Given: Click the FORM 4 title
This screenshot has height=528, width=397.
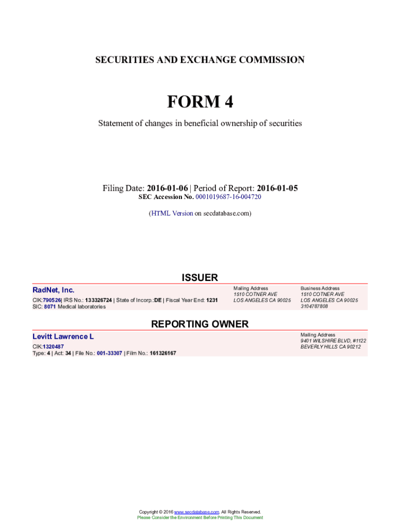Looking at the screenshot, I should pos(200,102).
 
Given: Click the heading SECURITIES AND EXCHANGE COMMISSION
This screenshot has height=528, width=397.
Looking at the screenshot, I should pos(200,60).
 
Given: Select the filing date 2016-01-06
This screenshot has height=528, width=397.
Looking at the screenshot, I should pos(167,188).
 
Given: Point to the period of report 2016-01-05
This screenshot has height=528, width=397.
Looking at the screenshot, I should pos(277,188).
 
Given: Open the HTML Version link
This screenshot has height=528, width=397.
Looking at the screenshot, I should pos(172,213).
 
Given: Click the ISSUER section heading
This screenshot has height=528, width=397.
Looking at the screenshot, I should pos(200,277).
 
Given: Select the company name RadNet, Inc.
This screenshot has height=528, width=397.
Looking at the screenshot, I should pos(54,290).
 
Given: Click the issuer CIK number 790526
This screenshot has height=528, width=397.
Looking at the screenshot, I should pos(52,300).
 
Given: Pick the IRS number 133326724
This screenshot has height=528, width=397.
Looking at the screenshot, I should pos(98,300).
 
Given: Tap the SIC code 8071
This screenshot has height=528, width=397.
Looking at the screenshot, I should pos(49,307).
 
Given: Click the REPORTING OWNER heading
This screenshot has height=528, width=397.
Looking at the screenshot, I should pos(200,324).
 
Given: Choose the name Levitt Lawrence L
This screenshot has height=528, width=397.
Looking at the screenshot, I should pos(63,337).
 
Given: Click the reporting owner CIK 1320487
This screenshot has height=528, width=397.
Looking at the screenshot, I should pos(53,346).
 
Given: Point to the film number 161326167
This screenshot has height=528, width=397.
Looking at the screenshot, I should pos(163,353).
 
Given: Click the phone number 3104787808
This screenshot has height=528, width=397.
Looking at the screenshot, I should pos(314,306).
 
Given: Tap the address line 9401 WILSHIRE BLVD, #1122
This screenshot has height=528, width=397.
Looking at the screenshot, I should pos(334,341).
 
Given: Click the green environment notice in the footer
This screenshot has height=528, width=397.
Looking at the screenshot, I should pos(200,518).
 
